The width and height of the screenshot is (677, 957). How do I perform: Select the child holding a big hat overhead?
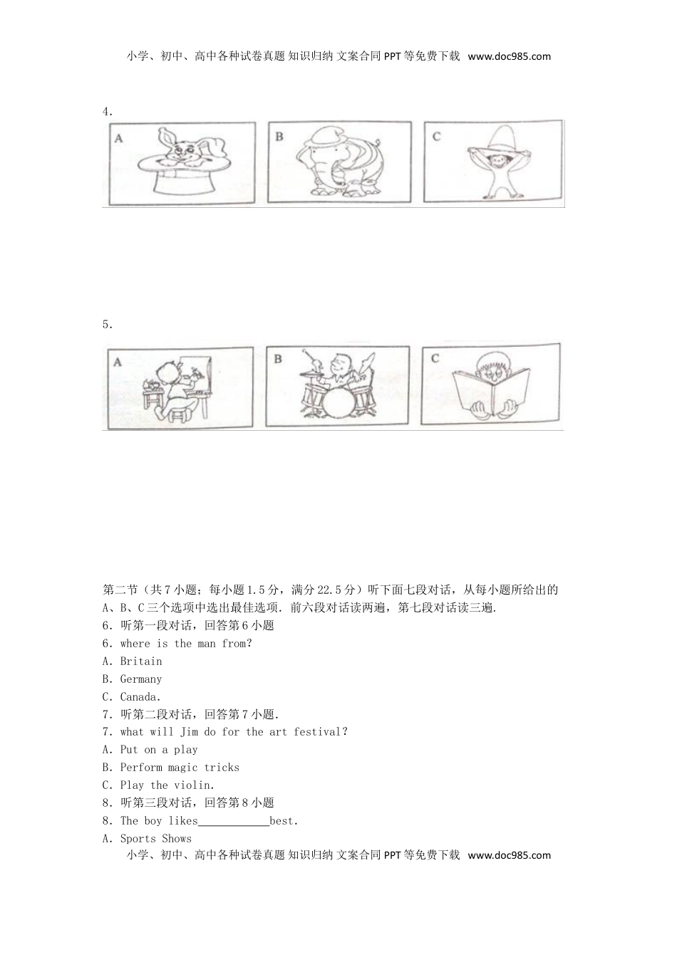tap(492, 167)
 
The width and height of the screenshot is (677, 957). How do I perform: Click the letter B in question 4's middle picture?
tap(279, 136)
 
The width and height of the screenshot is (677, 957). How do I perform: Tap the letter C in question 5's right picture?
tap(435, 358)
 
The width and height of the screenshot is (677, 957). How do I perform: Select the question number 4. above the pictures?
tap(108, 112)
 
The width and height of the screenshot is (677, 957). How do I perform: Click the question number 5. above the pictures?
tap(108, 325)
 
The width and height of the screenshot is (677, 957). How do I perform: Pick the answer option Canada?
tap(140, 697)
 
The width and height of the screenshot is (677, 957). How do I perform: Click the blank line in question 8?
tap(234, 821)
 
